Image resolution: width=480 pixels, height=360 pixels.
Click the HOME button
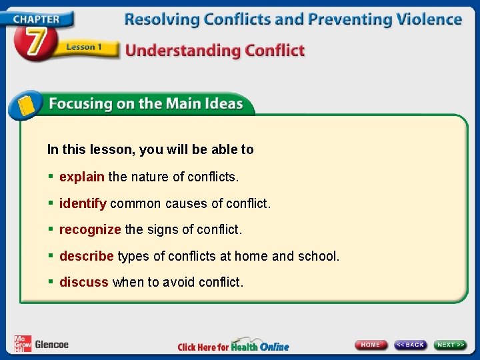(x=371, y=345)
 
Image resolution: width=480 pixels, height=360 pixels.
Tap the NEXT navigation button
(x=451, y=345)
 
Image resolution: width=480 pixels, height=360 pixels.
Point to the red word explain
(x=81, y=177)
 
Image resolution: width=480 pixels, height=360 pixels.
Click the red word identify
(x=83, y=203)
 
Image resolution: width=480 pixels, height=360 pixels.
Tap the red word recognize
(x=90, y=229)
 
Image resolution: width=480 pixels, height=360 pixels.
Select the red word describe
(x=87, y=256)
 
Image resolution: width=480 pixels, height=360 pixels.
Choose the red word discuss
(x=83, y=282)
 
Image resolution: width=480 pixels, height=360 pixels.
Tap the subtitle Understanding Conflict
(x=215, y=51)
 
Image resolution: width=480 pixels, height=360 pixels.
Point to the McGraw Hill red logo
(x=23, y=344)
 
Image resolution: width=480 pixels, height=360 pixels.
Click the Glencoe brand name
(x=51, y=345)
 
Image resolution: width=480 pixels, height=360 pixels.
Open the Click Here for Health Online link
(x=233, y=346)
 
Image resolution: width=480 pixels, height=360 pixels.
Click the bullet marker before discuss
(x=51, y=282)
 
